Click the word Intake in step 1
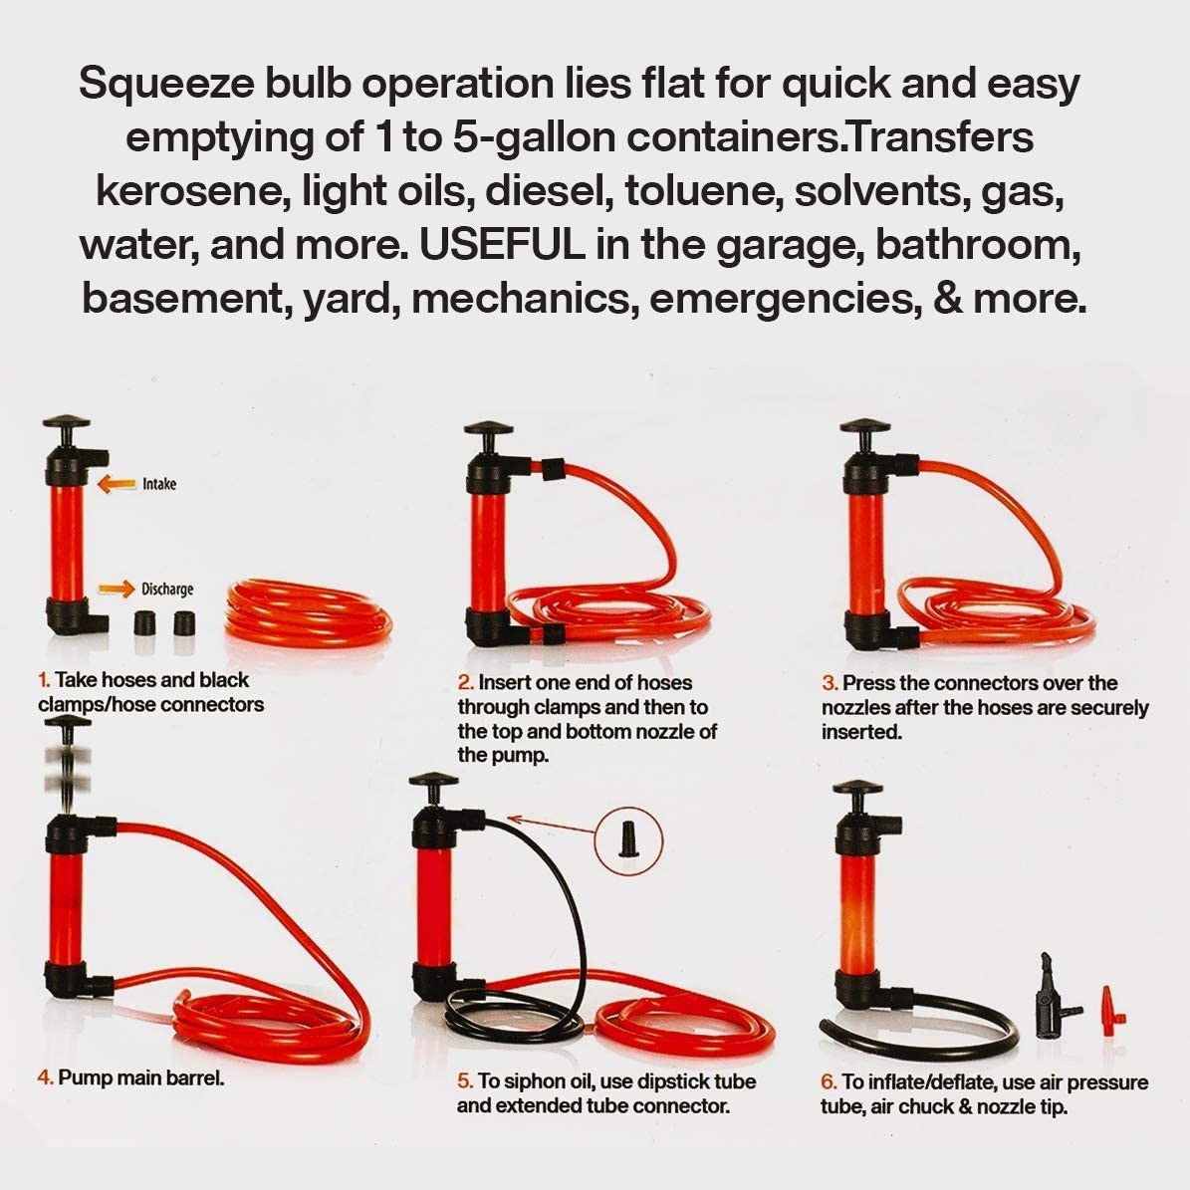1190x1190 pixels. (159, 484)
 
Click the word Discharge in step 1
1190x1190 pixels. (167, 590)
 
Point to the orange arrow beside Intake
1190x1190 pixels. (117, 484)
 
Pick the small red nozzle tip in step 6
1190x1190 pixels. (1108, 1014)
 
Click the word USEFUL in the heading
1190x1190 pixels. (503, 245)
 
